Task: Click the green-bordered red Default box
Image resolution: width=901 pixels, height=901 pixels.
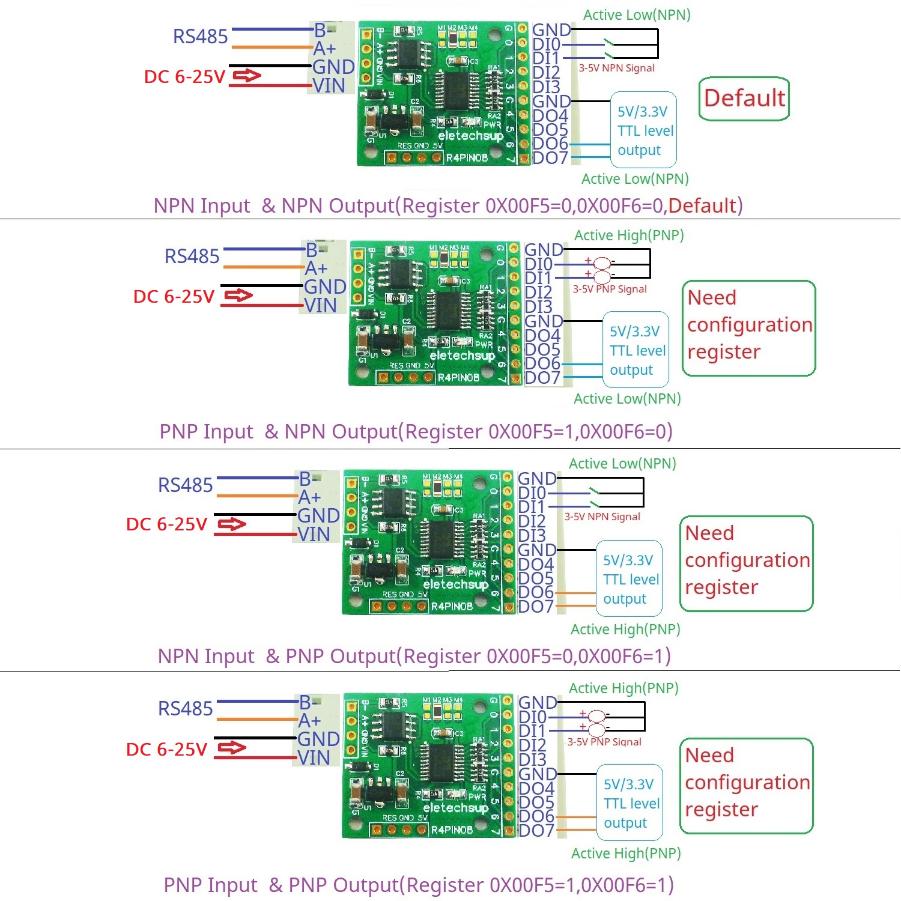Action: point(744,99)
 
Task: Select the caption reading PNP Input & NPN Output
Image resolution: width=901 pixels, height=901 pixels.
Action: point(416,431)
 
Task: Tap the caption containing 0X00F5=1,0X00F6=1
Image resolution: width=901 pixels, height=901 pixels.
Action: point(419,885)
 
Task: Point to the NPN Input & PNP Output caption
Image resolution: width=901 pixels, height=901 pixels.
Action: point(414,656)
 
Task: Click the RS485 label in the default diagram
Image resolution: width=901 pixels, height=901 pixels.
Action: point(200,37)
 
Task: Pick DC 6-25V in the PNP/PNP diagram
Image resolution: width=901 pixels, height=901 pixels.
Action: point(166,749)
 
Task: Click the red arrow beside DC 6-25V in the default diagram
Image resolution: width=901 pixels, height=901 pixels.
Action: point(247,76)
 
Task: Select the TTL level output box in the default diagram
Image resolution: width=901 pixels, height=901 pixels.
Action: point(643,130)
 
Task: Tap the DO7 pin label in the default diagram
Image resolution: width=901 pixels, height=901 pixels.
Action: point(550,158)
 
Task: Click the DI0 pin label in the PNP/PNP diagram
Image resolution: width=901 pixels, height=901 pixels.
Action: point(532,717)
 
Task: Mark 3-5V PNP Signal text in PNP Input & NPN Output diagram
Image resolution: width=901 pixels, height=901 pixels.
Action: point(609,289)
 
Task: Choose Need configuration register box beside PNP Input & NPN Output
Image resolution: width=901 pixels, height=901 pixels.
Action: point(749,328)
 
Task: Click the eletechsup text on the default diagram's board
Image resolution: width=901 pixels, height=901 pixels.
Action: point(470,136)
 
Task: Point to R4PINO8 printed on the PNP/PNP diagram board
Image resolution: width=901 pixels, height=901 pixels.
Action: point(452,830)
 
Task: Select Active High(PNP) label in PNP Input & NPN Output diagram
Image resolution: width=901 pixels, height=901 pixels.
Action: point(629,235)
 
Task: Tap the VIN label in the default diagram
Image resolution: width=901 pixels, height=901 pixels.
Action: point(329,86)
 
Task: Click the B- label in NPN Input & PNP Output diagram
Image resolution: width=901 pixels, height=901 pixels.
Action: point(308,479)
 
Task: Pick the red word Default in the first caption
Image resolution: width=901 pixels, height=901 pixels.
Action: point(702,205)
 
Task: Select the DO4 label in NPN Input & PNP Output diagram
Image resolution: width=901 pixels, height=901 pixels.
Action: point(535,565)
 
